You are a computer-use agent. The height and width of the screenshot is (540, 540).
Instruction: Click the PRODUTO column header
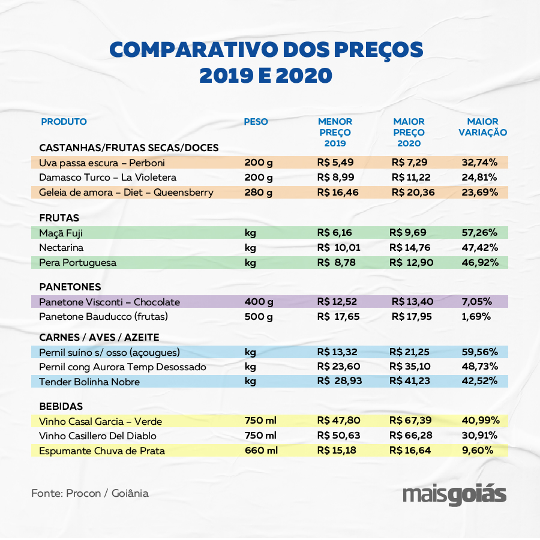click(x=64, y=122)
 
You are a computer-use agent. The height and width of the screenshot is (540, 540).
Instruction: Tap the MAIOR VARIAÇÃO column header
click(x=482, y=127)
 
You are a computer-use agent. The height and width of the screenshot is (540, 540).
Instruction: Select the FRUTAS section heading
click(x=59, y=218)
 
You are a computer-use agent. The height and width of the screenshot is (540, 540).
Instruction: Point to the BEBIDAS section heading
click(x=61, y=406)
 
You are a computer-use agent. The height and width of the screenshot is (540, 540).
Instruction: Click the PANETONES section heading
click(x=70, y=287)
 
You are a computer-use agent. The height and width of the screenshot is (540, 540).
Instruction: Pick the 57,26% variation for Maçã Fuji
click(x=480, y=233)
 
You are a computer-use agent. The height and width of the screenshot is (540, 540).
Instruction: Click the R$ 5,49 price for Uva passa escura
click(x=337, y=163)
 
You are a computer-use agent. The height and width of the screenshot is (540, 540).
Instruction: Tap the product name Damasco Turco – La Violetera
click(x=107, y=178)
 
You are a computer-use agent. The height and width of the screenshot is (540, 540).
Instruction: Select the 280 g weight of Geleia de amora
click(x=259, y=193)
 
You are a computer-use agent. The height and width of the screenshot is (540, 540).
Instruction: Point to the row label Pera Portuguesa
click(x=77, y=263)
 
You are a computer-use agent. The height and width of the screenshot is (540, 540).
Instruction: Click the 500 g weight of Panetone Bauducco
click(x=259, y=316)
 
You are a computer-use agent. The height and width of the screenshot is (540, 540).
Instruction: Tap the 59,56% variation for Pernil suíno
click(x=480, y=352)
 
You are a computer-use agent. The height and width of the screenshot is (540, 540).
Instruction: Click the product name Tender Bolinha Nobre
click(x=89, y=382)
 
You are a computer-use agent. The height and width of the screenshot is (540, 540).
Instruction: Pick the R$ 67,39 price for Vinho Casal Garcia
click(x=410, y=421)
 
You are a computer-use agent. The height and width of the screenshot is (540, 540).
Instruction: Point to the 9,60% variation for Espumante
click(x=478, y=450)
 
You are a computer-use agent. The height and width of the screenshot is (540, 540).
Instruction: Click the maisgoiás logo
click(x=454, y=496)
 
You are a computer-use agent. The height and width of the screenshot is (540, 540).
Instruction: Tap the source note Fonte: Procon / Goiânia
click(x=90, y=493)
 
